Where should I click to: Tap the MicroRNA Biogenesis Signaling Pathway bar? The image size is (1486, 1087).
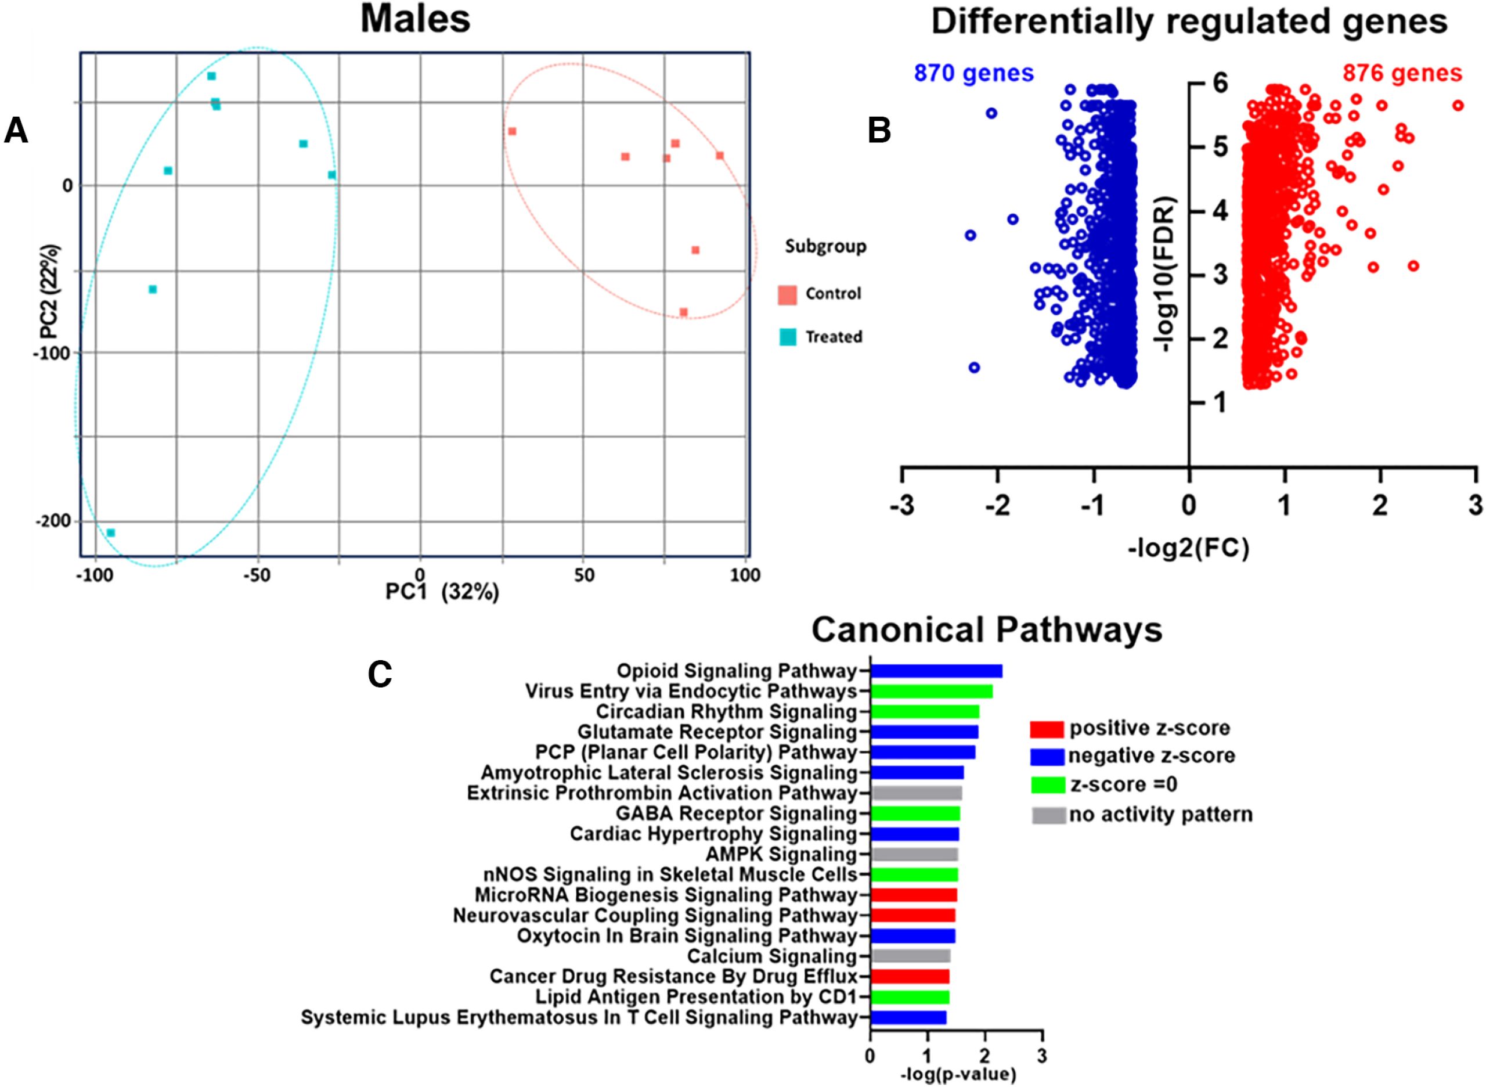(x=913, y=895)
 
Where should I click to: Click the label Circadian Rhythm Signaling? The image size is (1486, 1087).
(x=726, y=712)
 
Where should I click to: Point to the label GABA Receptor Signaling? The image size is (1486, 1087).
(x=736, y=814)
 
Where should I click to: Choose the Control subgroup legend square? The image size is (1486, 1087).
(x=787, y=294)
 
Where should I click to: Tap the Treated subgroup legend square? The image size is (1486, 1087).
(x=787, y=337)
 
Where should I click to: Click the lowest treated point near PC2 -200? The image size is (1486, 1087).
(x=110, y=533)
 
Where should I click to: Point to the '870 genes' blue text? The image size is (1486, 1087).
(x=973, y=73)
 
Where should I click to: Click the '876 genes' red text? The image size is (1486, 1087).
(x=1402, y=73)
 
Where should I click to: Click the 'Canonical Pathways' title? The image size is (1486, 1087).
(x=987, y=629)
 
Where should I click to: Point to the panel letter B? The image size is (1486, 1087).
(x=879, y=131)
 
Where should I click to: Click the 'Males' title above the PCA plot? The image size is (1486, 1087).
(x=416, y=19)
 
